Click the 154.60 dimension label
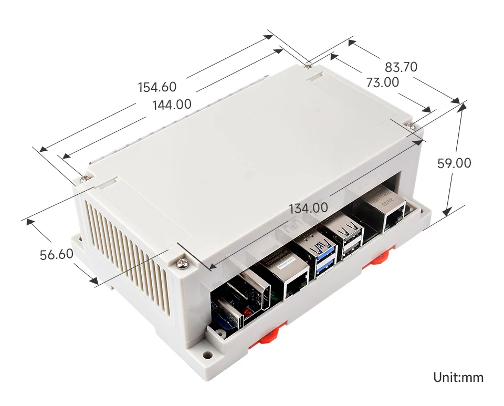(157, 87)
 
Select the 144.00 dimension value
(172, 105)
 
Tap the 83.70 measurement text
(401, 67)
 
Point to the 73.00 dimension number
(382, 82)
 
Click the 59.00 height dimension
(454, 163)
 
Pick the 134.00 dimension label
(308, 208)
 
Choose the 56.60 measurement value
(56, 255)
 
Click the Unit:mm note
(458, 377)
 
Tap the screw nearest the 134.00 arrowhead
(182, 262)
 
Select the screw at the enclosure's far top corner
(308, 65)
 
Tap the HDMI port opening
(257, 289)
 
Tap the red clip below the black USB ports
(378, 259)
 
